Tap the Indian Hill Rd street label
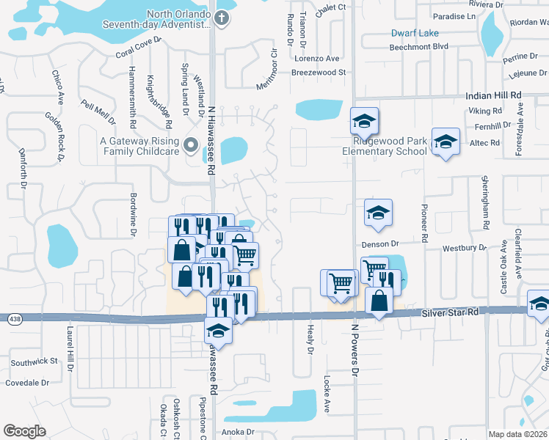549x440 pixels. [494, 95]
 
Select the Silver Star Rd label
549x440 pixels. [451, 312]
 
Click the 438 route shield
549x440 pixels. [14, 319]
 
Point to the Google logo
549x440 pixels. [24, 431]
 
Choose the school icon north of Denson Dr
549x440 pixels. [379, 213]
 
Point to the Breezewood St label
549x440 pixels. [319, 73]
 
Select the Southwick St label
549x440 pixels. [34, 361]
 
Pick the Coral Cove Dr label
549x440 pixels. [138, 48]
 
